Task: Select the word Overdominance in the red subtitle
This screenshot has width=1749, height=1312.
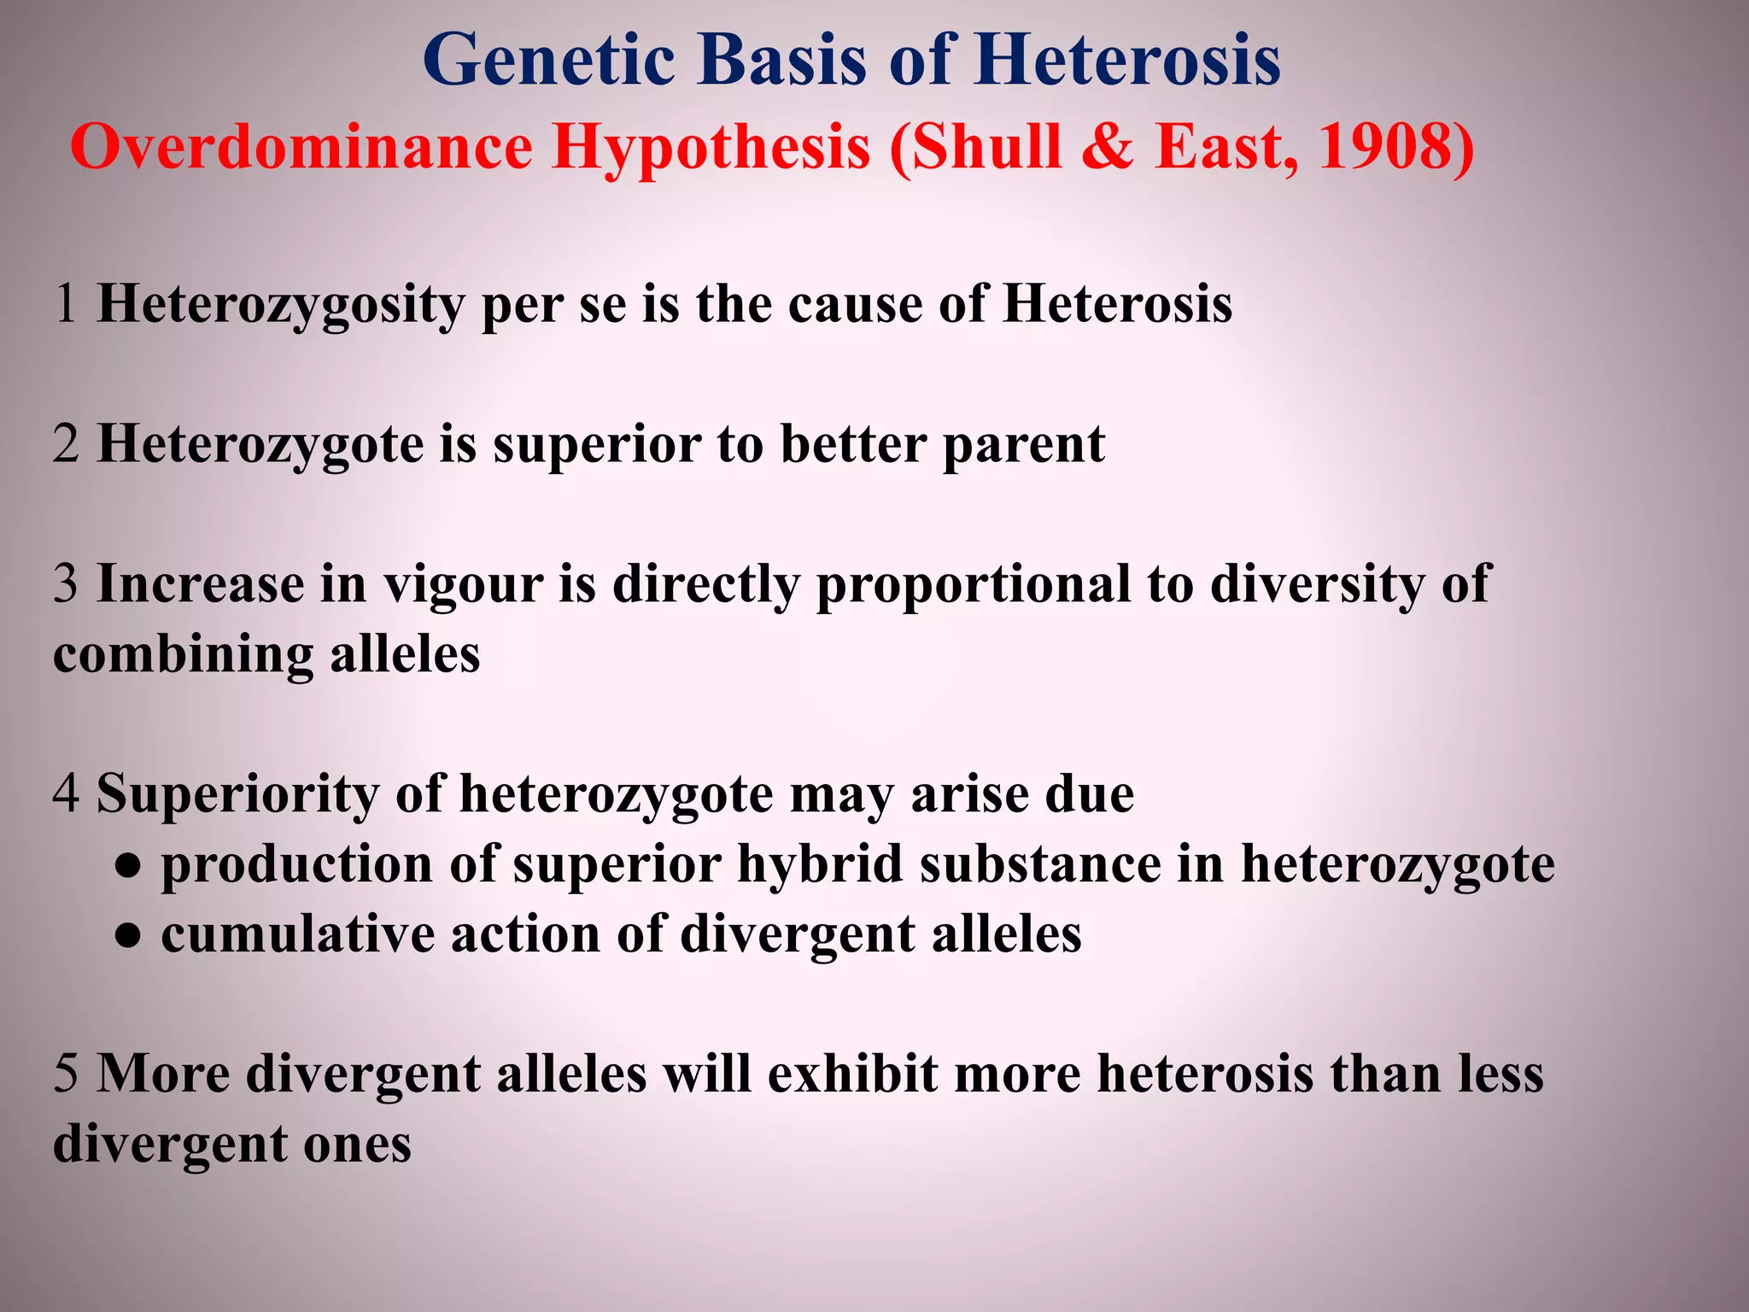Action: click(x=301, y=148)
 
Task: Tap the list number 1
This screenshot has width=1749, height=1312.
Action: click(x=67, y=304)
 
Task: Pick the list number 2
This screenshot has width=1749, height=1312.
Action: click(x=67, y=444)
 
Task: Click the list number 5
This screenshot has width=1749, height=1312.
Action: click(x=67, y=1075)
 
